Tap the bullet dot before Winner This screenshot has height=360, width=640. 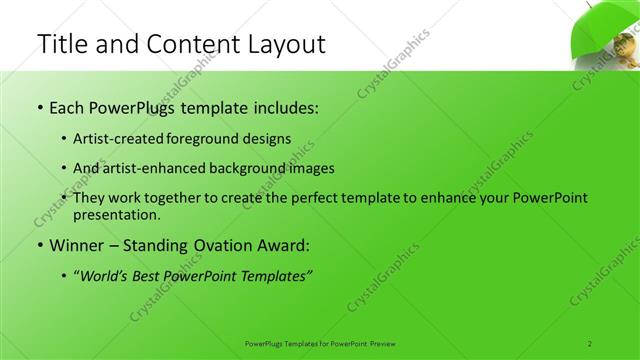click(39, 244)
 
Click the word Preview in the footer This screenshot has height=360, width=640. click(384, 343)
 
